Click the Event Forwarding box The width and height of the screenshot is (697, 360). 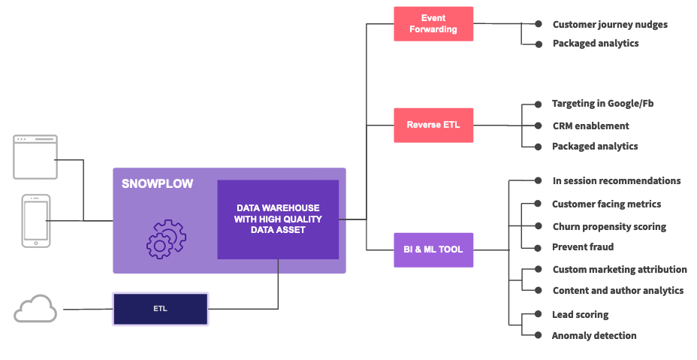coord(433,24)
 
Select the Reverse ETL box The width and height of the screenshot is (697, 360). coord(433,125)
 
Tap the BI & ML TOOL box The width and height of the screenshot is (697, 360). coord(433,250)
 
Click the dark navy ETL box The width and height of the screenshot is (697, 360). coord(160,309)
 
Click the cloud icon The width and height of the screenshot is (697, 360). coord(35,309)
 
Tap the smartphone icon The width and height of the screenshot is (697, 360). coord(36,220)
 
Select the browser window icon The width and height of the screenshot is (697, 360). coord(35,156)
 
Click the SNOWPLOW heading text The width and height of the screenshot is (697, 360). coord(157,183)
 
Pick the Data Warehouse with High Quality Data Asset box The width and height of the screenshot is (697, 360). coord(278,219)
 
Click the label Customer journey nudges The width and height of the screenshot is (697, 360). coord(610,24)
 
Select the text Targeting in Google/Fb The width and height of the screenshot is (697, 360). coord(602,103)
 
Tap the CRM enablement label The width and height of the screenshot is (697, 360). coord(590,126)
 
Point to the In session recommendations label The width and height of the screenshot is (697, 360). coord(617,180)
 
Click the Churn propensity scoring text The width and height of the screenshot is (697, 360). coord(609,226)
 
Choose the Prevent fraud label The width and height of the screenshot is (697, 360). coord(583,247)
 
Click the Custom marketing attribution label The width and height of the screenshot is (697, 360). coord(620,269)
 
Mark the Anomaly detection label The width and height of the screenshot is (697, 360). coord(594,335)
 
